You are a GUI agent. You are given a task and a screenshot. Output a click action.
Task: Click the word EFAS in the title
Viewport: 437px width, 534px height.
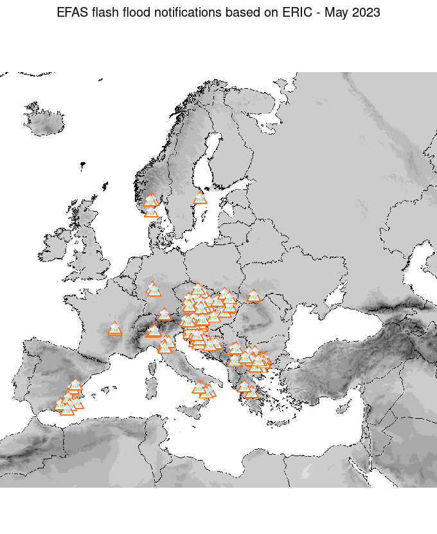(73, 12)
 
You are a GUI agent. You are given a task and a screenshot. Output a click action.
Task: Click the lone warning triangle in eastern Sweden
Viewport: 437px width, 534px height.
(201, 198)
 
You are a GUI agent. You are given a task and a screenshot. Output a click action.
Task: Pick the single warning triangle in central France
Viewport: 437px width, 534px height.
(115, 329)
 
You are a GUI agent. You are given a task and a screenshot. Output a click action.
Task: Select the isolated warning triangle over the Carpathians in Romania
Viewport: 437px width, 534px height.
(254, 296)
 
